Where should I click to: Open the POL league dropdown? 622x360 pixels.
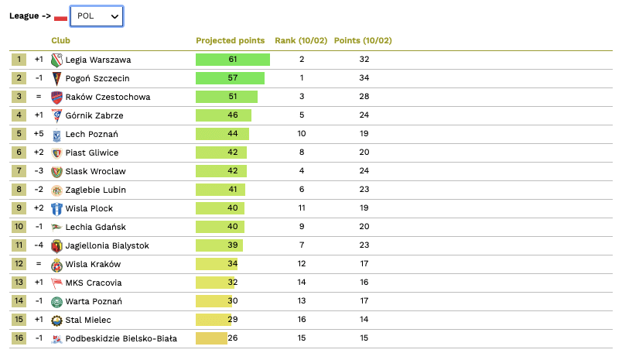[96, 16]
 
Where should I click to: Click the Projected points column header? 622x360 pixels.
[230, 40]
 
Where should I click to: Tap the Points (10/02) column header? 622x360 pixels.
[363, 40]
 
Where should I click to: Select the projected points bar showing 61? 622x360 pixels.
[232, 60]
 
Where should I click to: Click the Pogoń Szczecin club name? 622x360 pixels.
[97, 78]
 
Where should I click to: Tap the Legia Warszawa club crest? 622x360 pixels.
[56, 60]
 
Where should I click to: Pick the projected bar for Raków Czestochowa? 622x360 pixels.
[226, 97]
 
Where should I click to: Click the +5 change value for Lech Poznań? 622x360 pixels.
[39, 134]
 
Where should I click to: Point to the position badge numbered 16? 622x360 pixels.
[19, 338]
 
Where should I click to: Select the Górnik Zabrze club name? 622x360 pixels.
[94, 115]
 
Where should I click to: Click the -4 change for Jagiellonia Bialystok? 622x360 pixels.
[39, 245]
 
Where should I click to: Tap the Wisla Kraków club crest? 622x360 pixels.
[56, 264]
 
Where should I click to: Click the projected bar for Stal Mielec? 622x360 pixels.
[214, 320]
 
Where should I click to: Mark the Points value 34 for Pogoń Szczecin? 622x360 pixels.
[364, 78]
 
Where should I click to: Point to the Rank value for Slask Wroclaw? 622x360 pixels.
[302, 171]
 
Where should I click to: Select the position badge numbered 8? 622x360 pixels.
[19, 190]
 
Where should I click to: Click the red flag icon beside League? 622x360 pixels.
[60, 18]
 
